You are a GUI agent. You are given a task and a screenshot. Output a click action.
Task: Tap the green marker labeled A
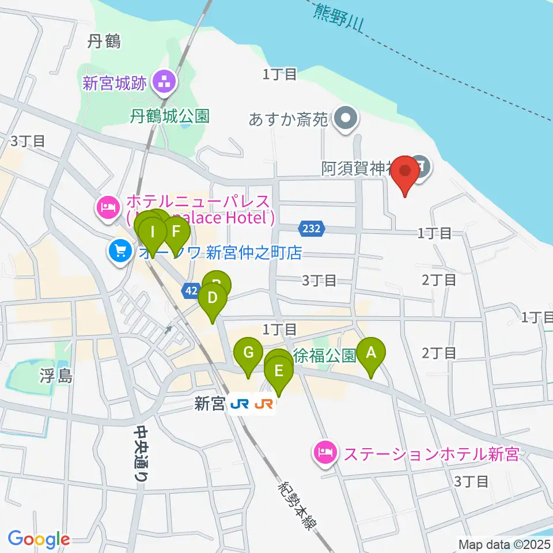371,353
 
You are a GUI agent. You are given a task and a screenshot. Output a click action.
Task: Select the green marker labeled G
248,353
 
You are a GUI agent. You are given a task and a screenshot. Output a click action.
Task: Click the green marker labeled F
176,233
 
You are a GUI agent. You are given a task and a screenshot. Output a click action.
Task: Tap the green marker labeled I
152,233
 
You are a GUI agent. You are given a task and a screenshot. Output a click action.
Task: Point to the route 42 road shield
191,291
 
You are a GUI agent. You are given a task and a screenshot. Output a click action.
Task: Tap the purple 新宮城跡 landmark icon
165,83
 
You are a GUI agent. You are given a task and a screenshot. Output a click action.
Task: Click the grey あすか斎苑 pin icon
346,119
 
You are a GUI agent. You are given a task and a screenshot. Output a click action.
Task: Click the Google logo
39,539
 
